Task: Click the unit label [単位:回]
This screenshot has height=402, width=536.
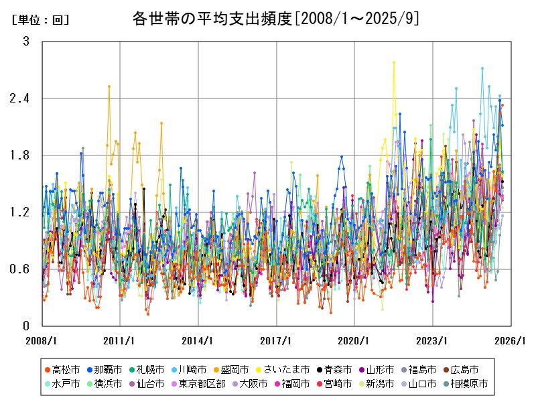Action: click(x=41, y=20)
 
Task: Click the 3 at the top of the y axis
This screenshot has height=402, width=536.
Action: click(x=26, y=42)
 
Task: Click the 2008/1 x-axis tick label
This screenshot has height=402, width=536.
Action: click(x=42, y=340)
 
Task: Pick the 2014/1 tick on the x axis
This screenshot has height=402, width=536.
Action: click(x=198, y=340)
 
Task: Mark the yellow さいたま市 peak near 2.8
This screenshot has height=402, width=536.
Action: click(x=394, y=62)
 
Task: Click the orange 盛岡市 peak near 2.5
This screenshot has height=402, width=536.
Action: click(x=109, y=86)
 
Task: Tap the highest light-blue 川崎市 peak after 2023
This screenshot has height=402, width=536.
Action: click(x=482, y=68)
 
